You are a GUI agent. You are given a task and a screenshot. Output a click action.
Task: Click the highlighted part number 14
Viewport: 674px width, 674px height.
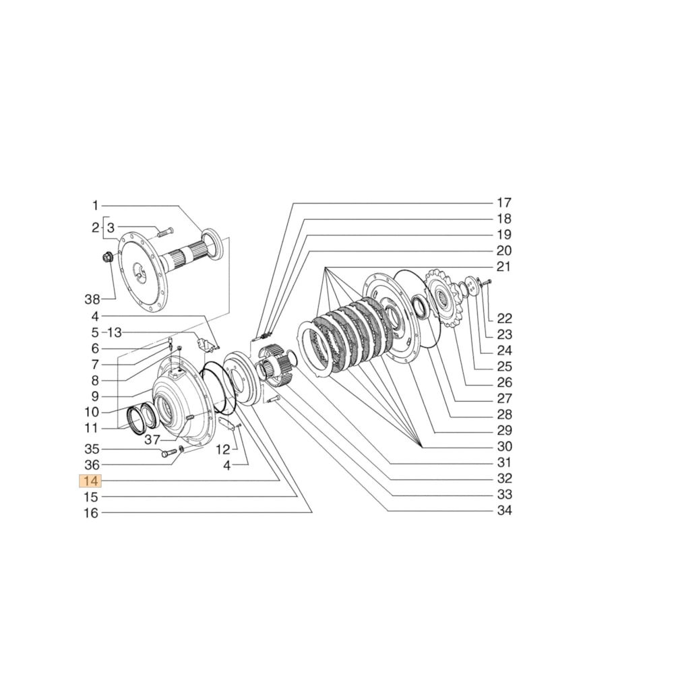click(x=90, y=481)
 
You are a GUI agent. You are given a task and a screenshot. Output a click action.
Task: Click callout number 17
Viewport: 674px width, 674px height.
click(x=504, y=202)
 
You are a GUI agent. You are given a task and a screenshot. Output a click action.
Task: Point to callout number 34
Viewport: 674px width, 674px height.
click(x=504, y=511)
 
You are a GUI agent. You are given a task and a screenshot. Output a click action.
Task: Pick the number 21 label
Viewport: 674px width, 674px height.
click(x=504, y=267)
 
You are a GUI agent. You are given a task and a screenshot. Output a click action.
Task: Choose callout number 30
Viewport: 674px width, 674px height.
click(x=504, y=446)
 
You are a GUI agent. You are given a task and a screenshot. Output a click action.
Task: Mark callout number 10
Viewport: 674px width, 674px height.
click(x=92, y=412)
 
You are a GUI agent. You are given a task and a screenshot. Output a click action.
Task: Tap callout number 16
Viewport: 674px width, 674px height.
click(x=92, y=514)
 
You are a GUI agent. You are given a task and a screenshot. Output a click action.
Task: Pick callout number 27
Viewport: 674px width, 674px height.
click(x=504, y=398)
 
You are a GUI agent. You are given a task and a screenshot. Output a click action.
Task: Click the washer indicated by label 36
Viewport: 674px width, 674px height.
click(x=181, y=450)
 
